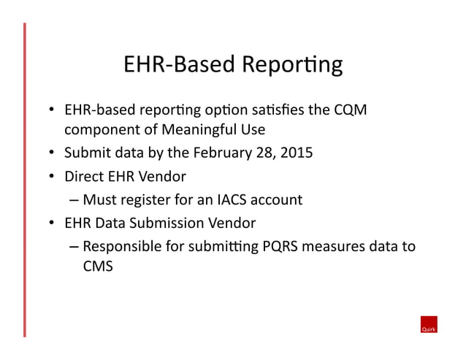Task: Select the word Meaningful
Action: [x=201, y=131]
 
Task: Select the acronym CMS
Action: [x=98, y=267]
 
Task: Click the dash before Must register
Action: [x=75, y=199]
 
